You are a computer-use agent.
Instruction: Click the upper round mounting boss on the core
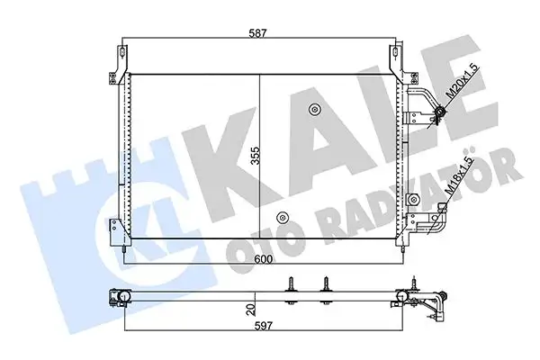[x=314, y=112]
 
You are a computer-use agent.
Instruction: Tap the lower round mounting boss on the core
[x=283, y=217]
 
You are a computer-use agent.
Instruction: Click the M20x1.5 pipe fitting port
[x=441, y=112]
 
